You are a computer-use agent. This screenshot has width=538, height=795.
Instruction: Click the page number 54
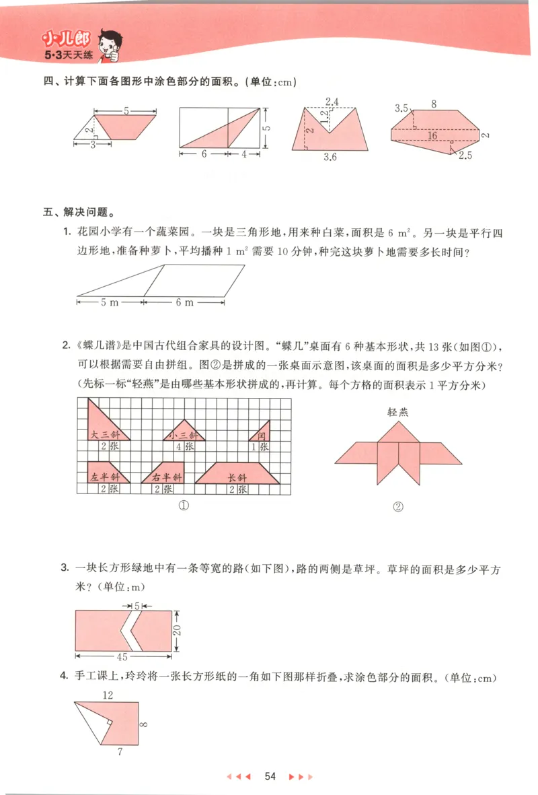click(x=270, y=776)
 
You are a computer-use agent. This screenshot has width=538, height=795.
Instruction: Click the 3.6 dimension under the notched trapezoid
click(x=330, y=157)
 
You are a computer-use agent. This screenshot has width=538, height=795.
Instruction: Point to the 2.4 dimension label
click(x=331, y=102)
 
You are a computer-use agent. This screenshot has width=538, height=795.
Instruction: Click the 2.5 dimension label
click(x=466, y=155)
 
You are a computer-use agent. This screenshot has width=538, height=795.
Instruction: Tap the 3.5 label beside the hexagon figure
click(x=402, y=108)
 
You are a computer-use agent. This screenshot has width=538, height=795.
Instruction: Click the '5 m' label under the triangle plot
click(x=110, y=302)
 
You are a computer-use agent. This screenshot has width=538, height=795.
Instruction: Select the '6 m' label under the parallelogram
click(x=184, y=302)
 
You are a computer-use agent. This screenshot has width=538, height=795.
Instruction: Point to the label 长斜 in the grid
click(x=237, y=477)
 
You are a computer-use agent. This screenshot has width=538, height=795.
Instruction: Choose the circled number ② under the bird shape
click(x=398, y=508)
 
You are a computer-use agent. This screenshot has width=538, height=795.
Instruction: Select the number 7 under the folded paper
click(x=120, y=752)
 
